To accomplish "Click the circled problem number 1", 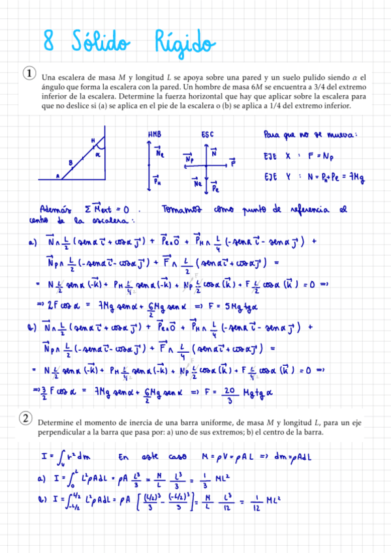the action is pos(29,72).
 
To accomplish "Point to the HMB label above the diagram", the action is pos(155,134).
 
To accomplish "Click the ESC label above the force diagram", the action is pos(207,134).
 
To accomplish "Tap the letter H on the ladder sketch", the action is pos(93,142).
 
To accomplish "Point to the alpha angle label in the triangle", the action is pos(98,155).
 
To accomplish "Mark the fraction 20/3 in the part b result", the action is pos(230,391).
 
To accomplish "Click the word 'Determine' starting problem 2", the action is pos(54,423).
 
